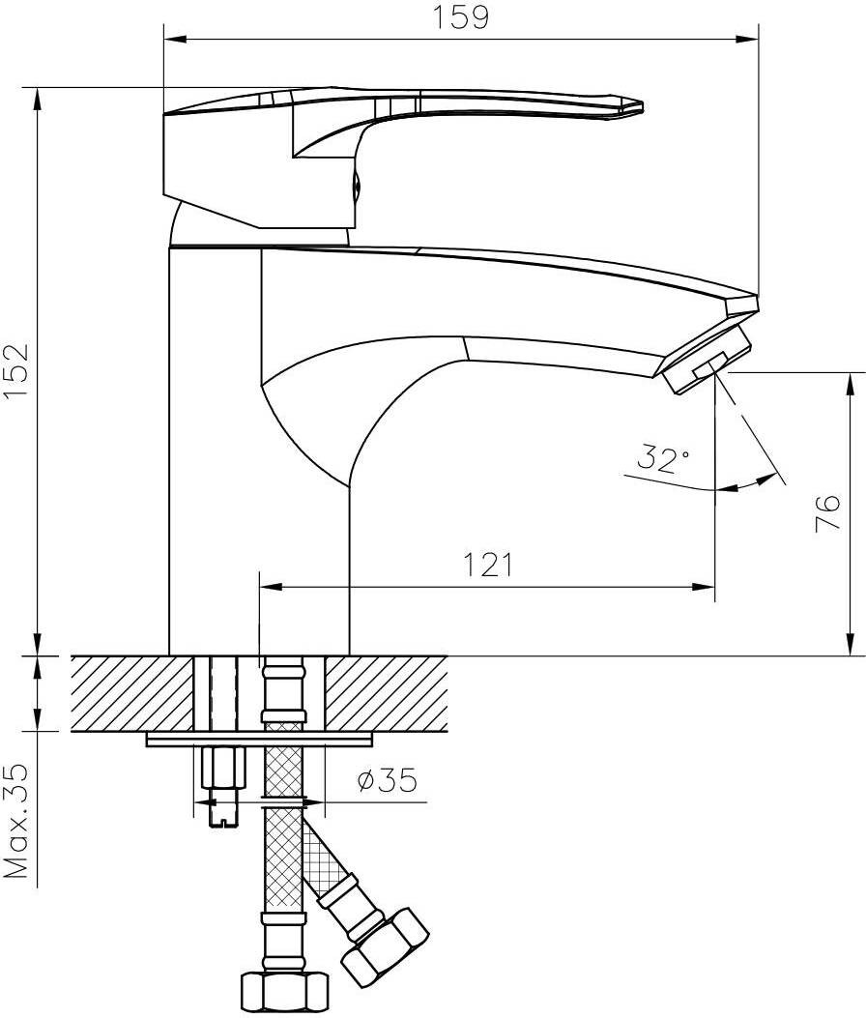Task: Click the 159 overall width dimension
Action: pos(460,17)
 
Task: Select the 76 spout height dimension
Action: pos(826,513)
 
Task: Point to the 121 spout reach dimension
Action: pos(487,565)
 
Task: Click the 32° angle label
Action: pos(663,458)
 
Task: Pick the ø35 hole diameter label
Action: pos(387,780)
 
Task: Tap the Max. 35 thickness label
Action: pos(16,822)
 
